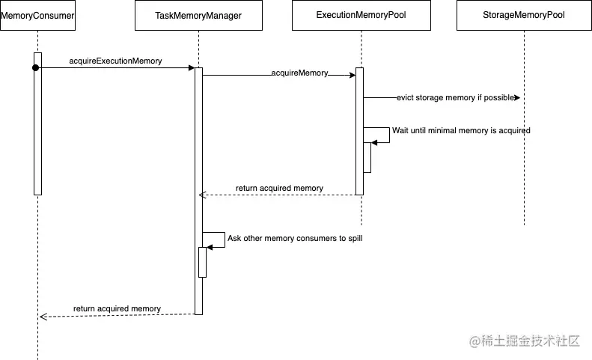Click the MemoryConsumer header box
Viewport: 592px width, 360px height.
pos(37,15)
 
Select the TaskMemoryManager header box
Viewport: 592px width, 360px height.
pos(198,15)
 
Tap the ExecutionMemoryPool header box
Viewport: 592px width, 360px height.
pos(361,15)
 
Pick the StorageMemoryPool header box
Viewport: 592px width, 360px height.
pos(524,15)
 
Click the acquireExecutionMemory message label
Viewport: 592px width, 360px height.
pos(115,61)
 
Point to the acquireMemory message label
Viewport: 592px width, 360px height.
pos(299,73)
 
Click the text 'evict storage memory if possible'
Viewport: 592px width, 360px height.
pos(455,98)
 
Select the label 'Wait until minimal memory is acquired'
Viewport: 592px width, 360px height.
pos(461,130)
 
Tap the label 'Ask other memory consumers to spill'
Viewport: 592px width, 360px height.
pos(295,238)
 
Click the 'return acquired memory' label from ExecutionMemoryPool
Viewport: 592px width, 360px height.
pos(279,189)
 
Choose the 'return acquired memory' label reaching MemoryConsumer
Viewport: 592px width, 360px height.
pos(117,308)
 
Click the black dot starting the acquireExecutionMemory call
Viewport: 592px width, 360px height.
pos(35,68)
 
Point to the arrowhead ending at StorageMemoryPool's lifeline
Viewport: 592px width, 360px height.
pos(516,98)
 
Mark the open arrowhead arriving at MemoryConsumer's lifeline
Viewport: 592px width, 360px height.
pos(43,317)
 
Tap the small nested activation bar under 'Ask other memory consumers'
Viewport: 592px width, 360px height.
pos(202,262)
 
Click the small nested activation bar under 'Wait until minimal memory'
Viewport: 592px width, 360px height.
pos(367,157)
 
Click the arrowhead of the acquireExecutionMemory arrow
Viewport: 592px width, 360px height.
pos(191,68)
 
